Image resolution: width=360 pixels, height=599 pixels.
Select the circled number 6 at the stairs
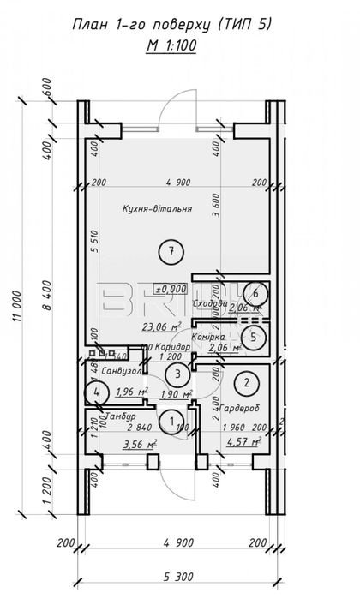click(251, 293)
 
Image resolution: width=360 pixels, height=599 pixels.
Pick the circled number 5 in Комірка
click(251, 337)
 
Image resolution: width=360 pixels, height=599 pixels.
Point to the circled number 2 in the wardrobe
click(247, 382)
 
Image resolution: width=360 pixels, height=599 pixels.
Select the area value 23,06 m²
click(161, 326)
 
